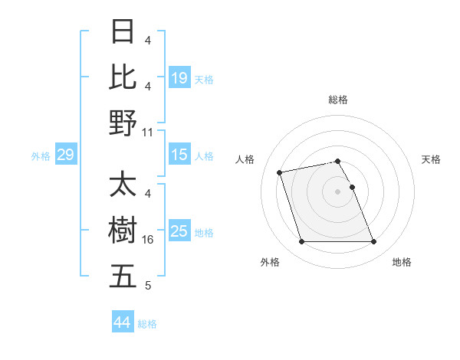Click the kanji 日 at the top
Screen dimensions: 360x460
[x=123, y=32]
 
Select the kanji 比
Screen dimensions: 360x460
[x=123, y=77]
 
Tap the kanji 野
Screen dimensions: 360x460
[x=123, y=122]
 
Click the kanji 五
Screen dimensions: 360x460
[x=123, y=275]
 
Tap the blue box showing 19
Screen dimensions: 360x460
[x=179, y=77]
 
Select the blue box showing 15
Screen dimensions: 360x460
[x=179, y=155]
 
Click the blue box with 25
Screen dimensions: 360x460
[x=179, y=231]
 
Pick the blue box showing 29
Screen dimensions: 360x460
[x=65, y=155]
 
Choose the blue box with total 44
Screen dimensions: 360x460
[x=122, y=322]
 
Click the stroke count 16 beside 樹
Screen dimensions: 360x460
[x=149, y=240]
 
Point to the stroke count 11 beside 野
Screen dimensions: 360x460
[x=149, y=132]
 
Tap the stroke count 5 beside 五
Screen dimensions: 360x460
[x=147, y=286]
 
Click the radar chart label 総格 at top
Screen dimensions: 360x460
[x=338, y=100]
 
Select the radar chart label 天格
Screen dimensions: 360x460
[x=432, y=159]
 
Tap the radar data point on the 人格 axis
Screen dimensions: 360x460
[x=280, y=172]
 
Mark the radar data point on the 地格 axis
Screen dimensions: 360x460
[x=373, y=242]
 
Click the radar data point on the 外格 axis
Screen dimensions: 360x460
[x=301, y=242]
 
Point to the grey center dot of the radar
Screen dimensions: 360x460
[x=337, y=191]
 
